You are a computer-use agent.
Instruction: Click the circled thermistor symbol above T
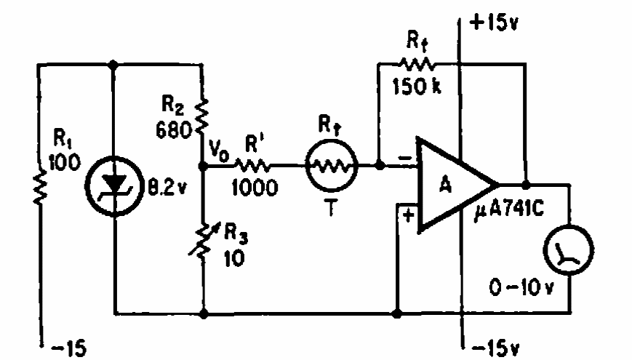tap(331, 167)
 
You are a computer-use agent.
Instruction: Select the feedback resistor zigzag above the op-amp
tap(414, 64)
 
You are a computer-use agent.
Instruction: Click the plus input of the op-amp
tap(409, 216)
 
